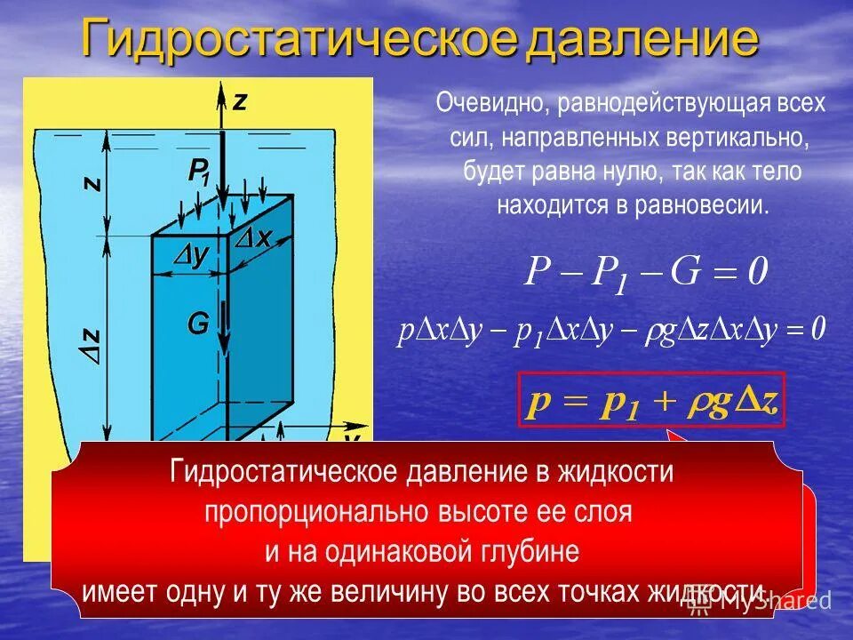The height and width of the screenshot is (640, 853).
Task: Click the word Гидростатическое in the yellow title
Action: tap(298, 40)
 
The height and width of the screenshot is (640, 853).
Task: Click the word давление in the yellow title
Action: tap(642, 40)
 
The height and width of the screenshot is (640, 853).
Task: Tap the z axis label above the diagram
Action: tap(240, 101)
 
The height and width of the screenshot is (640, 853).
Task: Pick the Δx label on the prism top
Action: tap(257, 238)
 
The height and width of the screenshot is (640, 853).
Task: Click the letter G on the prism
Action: tap(197, 324)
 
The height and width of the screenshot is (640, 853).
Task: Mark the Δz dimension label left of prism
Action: tap(92, 343)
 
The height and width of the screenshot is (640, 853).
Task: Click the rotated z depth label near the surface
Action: tap(92, 184)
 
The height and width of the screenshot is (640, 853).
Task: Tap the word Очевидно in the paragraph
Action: tap(491, 104)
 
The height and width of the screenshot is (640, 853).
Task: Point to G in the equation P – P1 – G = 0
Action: tap(687, 271)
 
